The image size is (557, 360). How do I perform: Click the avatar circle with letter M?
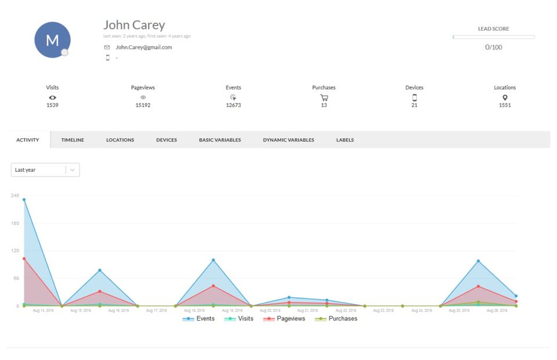[x=52, y=40]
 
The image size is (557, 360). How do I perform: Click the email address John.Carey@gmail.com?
[x=143, y=48]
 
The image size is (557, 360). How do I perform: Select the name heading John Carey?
[x=134, y=25]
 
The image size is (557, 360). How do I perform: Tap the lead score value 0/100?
[x=493, y=47]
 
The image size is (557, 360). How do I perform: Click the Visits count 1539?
[x=52, y=105]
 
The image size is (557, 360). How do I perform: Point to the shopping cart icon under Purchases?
[x=324, y=98]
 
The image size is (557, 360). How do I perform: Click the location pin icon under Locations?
[x=505, y=98]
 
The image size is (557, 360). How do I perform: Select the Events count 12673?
[x=233, y=105]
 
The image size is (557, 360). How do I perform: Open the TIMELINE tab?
[x=73, y=140]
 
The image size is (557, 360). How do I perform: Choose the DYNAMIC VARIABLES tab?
[x=288, y=140]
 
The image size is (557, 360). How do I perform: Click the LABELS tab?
[x=345, y=140]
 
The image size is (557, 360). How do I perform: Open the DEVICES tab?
[x=167, y=140]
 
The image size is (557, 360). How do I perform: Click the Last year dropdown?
[x=45, y=170]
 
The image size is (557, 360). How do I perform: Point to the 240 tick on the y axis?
[x=15, y=196]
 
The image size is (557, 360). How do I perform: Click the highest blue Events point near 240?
[x=24, y=200]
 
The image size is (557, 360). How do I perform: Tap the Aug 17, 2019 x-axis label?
[x=157, y=311]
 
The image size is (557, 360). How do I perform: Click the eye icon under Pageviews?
[x=143, y=98]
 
